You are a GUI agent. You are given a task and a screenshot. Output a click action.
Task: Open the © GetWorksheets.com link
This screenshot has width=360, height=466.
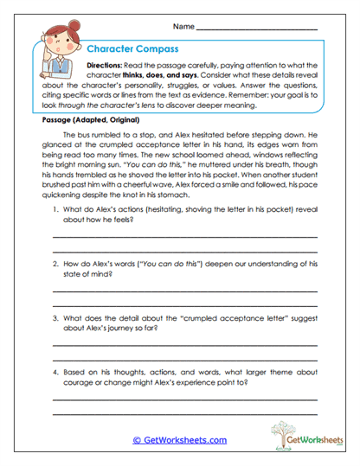179,440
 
